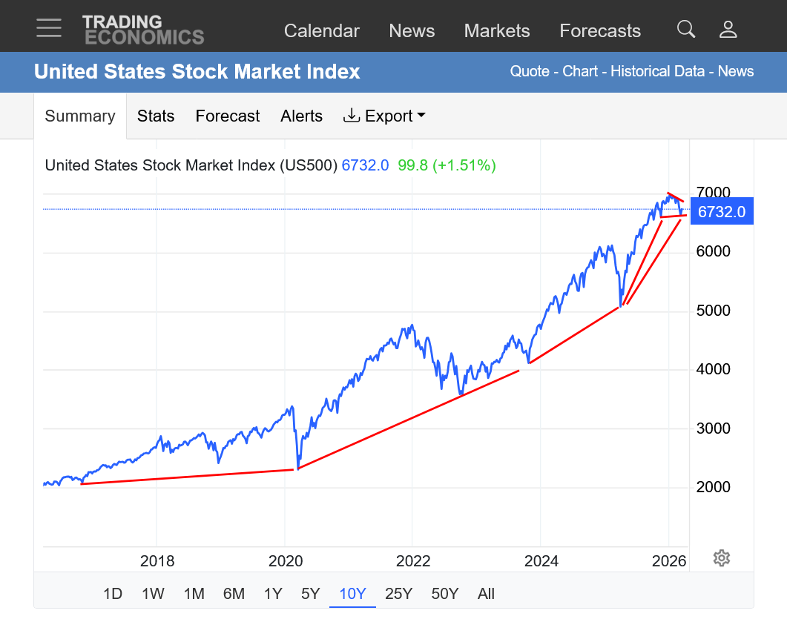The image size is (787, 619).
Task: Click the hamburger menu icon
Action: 49,28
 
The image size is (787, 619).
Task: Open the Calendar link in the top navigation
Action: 321,31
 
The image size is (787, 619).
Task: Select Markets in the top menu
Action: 496,31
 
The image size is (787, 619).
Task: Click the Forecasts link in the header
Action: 599,31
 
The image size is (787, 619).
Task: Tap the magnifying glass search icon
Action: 686,30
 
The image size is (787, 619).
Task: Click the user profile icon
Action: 728,30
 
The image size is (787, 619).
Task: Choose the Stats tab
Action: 156,116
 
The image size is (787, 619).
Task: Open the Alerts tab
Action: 301,116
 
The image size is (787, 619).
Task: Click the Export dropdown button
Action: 384,116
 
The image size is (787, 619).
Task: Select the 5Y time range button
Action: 310,594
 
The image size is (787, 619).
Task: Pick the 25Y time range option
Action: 398,594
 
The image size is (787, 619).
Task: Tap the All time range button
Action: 486,594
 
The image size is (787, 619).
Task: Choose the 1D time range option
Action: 113,594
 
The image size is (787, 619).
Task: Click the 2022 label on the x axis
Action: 413,561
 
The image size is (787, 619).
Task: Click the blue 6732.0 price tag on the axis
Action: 721,211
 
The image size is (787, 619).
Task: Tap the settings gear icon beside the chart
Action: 721,558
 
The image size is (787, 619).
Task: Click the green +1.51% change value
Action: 464,165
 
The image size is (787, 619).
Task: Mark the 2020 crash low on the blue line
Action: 297,469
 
